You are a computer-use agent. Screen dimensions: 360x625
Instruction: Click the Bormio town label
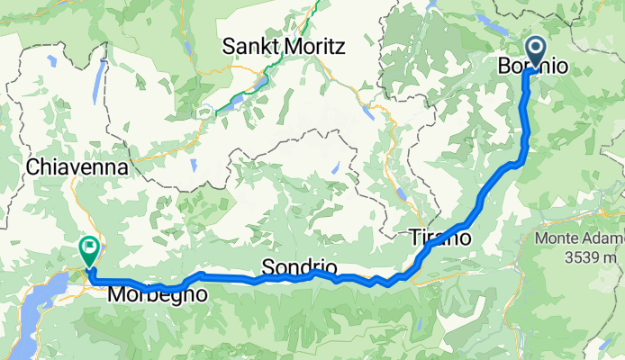[532, 66]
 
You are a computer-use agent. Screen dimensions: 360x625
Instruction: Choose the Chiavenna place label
[79, 166]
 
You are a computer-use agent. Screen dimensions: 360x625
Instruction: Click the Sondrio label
[299, 267]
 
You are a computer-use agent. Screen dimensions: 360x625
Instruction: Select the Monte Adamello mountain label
[579, 238]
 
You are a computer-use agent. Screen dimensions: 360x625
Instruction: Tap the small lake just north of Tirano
[397, 193]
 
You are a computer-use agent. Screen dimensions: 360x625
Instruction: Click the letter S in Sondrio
[267, 267]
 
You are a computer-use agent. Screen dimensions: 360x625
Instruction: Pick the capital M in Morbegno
[116, 294]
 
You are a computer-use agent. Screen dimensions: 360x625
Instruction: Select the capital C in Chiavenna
[34, 166]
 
